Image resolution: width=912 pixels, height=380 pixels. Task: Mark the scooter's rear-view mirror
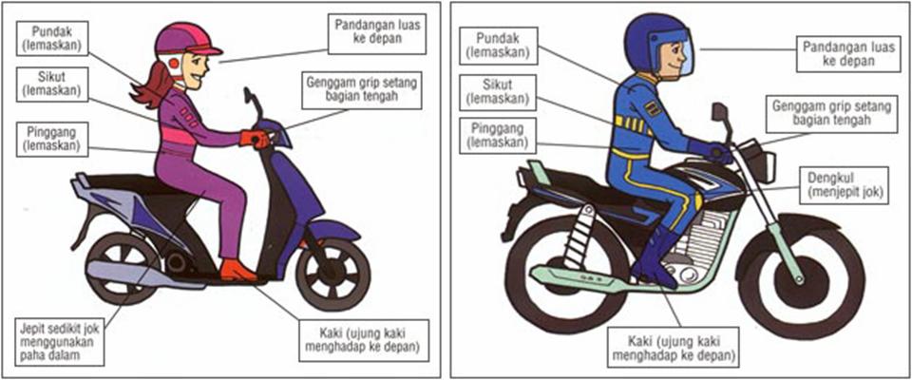point(250,97)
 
